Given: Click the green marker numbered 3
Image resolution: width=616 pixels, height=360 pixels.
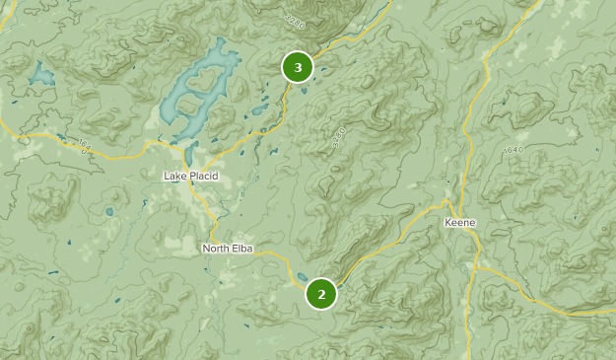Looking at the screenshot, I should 298,67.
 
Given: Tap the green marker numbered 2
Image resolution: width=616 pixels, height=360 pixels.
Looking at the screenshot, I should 321,293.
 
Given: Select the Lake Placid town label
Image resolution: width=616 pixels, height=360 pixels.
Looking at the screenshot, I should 190,176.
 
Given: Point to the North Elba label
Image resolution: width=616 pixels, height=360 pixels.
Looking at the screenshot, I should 228,249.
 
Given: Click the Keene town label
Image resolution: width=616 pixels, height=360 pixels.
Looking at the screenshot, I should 459,223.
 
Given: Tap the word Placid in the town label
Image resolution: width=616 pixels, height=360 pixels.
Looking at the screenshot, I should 202,176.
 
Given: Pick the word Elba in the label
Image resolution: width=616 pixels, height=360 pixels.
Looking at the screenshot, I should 242,249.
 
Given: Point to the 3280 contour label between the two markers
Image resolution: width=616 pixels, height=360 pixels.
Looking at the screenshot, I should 339,138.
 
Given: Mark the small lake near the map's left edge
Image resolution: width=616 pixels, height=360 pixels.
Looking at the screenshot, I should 41,74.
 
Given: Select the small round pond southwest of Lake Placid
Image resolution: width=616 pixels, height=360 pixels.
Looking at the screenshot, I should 108,211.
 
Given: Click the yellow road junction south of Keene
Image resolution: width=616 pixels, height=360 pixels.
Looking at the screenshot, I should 475,267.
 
